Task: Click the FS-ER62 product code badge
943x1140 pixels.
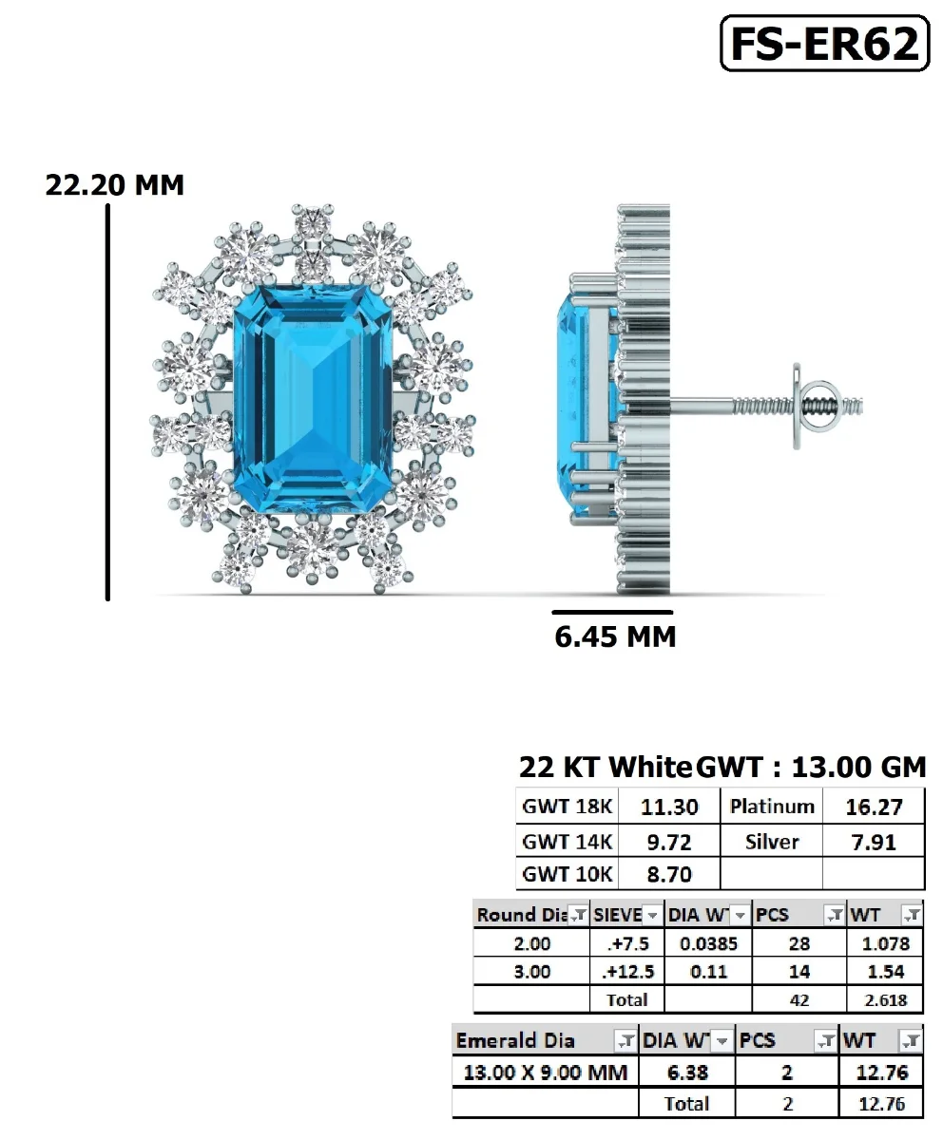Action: [824, 44]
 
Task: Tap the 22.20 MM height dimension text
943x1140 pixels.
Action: [115, 184]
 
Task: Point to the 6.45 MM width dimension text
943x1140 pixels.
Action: [615, 636]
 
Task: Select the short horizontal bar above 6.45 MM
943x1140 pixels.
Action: [612, 613]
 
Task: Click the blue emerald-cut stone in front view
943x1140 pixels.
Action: [312, 400]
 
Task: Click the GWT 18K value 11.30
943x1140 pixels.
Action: [669, 807]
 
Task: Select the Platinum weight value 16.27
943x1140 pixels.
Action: [874, 807]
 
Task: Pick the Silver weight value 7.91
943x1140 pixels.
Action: [874, 842]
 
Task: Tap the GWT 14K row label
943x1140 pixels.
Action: [568, 842]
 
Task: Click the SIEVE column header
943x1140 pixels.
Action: [618, 915]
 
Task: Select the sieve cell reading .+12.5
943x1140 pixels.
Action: [627, 972]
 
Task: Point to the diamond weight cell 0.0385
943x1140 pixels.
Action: [708, 944]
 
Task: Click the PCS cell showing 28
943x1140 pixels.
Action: [799, 944]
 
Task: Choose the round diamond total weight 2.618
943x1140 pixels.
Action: [886, 999]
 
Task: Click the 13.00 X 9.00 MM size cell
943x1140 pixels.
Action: [545, 1073]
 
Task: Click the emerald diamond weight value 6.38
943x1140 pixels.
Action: [687, 1073]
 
